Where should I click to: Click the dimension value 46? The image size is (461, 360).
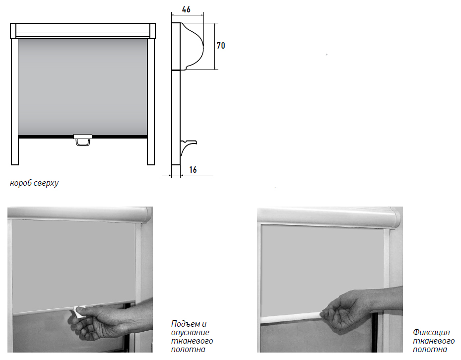pyautogui.click(x=186, y=9)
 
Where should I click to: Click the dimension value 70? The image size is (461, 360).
pyautogui.click(x=221, y=46)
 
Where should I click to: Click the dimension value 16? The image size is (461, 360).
pyautogui.click(x=193, y=170)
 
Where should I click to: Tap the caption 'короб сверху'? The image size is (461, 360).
pyautogui.click(x=34, y=183)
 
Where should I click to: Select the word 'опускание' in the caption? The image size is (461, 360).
pyautogui.click(x=190, y=333)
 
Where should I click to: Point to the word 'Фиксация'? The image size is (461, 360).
pyautogui.click(x=431, y=332)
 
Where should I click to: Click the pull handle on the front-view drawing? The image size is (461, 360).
pyautogui.click(x=83, y=140)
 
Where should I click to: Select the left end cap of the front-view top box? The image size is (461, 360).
pyautogui.click(x=13, y=31)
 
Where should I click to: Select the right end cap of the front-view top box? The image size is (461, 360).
pyautogui.click(x=152, y=31)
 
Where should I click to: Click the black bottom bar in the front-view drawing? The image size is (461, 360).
pyautogui.click(x=82, y=137)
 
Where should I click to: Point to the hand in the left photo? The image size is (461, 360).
pyautogui.click(x=109, y=319)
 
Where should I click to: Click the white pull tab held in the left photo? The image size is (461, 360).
pyautogui.click(x=79, y=312)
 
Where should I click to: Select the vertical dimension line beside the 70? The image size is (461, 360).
pyautogui.click(x=215, y=47)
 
